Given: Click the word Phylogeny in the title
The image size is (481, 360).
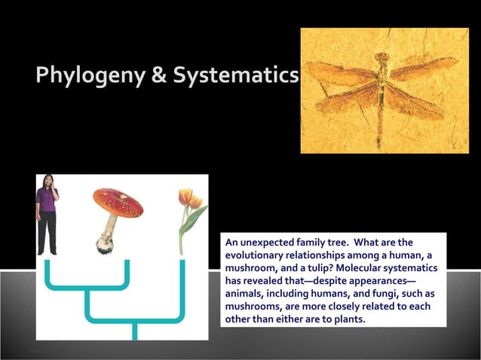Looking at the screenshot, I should click(x=84, y=77).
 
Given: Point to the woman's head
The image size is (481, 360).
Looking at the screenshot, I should click(x=47, y=181).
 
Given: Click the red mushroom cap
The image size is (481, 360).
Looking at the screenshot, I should click(x=118, y=202).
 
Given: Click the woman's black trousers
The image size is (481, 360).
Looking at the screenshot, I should click(x=47, y=232).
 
